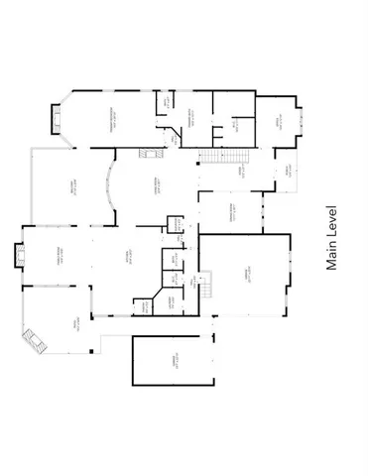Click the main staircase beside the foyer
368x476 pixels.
221,156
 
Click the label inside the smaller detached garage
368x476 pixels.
173,362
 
